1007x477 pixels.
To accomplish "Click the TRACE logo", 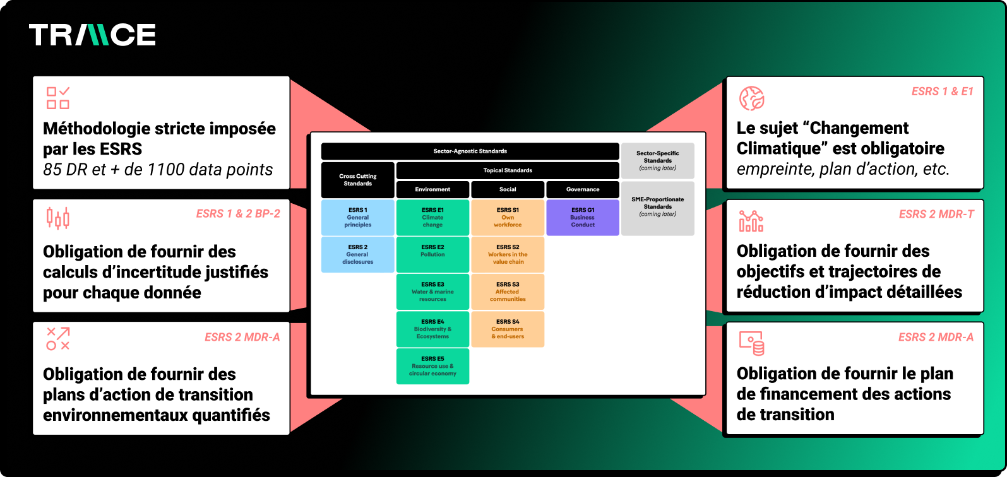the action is [92, 35].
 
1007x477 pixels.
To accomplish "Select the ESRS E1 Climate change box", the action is [432, 218].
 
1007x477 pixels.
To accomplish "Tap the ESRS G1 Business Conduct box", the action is [583, 218].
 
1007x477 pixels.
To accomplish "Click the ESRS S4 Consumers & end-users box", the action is [508, 329].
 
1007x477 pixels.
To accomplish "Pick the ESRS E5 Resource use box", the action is [432, 366].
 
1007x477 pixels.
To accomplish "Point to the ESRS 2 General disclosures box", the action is [357, 255].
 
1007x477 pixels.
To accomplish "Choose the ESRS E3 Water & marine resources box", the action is [432, 291].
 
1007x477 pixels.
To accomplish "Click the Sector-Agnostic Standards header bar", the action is [470, 151].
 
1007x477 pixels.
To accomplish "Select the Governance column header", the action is [583, 189].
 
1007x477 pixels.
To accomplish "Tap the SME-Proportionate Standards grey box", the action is [658, 208].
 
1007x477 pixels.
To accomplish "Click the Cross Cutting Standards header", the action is [357, 180].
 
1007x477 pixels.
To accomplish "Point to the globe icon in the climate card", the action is [752, 98].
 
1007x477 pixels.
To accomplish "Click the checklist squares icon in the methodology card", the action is [58, 98].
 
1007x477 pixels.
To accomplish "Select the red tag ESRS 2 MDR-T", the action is [936, 215].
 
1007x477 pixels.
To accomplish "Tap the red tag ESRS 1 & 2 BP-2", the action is [238, 214].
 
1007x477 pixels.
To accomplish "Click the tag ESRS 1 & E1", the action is [942, 91].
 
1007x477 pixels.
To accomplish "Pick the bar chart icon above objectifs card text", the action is [751, 221].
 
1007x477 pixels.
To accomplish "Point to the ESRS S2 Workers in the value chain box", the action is [508, 255].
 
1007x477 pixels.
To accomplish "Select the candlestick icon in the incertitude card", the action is [58, 218].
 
